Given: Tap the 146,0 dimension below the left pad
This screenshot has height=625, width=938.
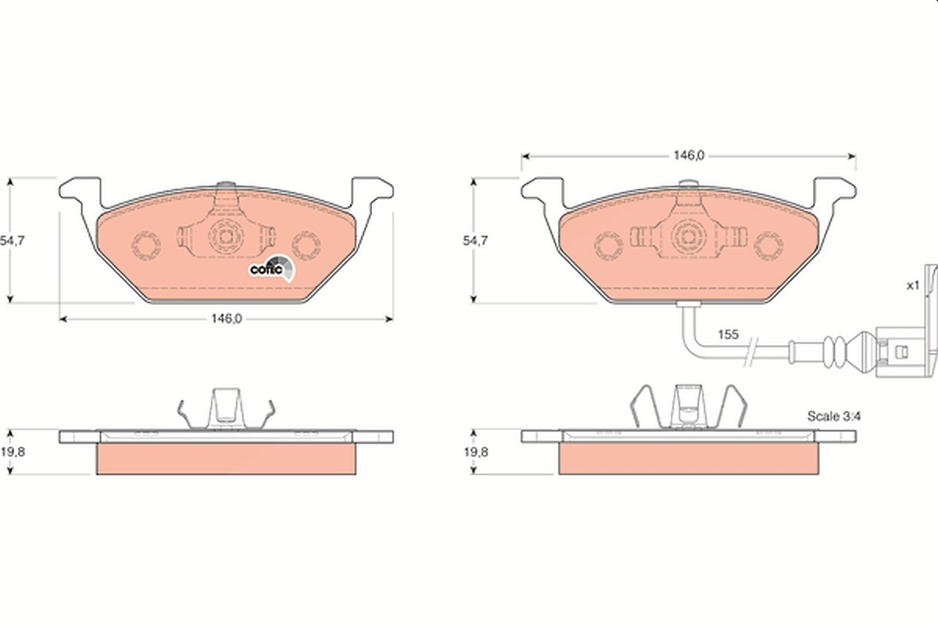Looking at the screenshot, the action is pos(226,319).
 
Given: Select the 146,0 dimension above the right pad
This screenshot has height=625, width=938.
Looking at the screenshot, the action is pos(689,155).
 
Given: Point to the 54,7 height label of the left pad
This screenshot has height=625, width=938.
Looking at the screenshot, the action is pos(12,241).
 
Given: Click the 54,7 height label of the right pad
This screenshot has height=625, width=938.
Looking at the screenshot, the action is pos(475,241).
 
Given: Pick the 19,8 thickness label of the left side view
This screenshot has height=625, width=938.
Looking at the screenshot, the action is pos(13,452).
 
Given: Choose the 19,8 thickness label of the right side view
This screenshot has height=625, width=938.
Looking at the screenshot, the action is pos(476,452).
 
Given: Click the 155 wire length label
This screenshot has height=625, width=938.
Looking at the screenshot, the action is pos(729,334).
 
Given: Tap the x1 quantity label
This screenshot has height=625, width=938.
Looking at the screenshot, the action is pos(913,285).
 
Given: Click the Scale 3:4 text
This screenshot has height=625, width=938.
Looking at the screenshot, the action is pos(834,416).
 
